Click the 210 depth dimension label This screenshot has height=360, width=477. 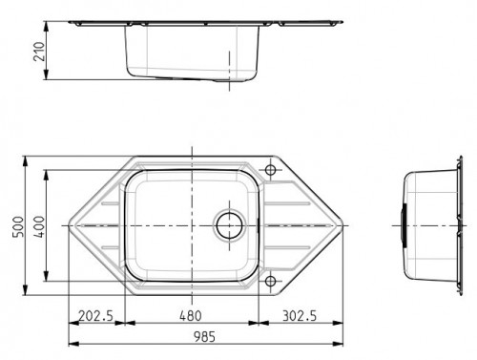(39, 52)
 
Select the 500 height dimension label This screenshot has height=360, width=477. (18, 226)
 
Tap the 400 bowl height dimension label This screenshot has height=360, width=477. (39, 226)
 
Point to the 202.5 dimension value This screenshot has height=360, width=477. (95, 316)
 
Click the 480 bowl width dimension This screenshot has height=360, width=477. (191, 316)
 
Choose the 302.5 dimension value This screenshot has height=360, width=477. (300, 316)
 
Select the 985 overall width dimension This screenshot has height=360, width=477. (204, 337)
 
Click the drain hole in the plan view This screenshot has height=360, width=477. (229, 225)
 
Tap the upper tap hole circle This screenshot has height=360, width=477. (270, 170)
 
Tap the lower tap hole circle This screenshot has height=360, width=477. (270, 281)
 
